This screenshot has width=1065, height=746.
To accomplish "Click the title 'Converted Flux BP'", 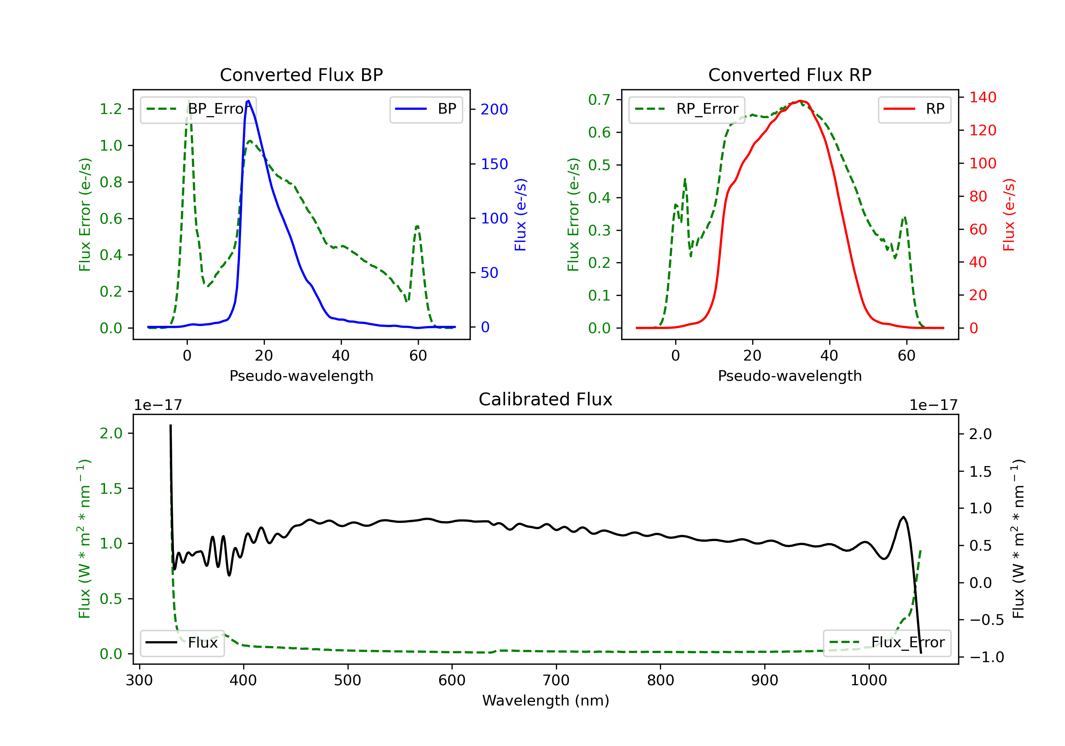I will tap(301, 75).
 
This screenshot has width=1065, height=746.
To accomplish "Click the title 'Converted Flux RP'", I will tap(790, 75).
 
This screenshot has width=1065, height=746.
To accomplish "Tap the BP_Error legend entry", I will tap(198, 109).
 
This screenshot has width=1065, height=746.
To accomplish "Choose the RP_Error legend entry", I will tap(687, 109).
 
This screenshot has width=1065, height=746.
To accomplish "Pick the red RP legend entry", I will tap(914, 109).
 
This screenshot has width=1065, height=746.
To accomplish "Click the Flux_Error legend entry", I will tap(887, 643).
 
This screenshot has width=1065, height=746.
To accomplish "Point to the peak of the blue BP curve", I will tap(248, 101).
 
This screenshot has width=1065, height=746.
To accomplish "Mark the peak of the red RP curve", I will tap(801, 101).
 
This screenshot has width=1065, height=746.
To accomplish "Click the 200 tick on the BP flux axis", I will tap(494, 109).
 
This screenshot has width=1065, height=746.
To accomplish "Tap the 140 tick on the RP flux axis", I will tap(982, 97).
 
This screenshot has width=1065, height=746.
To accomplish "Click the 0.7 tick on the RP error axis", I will tap(599, 100).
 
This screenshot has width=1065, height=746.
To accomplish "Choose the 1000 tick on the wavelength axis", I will tap(868, 681).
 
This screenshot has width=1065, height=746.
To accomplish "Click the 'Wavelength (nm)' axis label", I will tap(546, 701).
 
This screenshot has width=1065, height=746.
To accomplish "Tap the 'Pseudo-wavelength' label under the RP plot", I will tap(790, 376).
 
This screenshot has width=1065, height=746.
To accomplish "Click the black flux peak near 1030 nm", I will tap(903, 517).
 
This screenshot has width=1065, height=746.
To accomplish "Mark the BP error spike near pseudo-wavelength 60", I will tap(417, 227).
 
